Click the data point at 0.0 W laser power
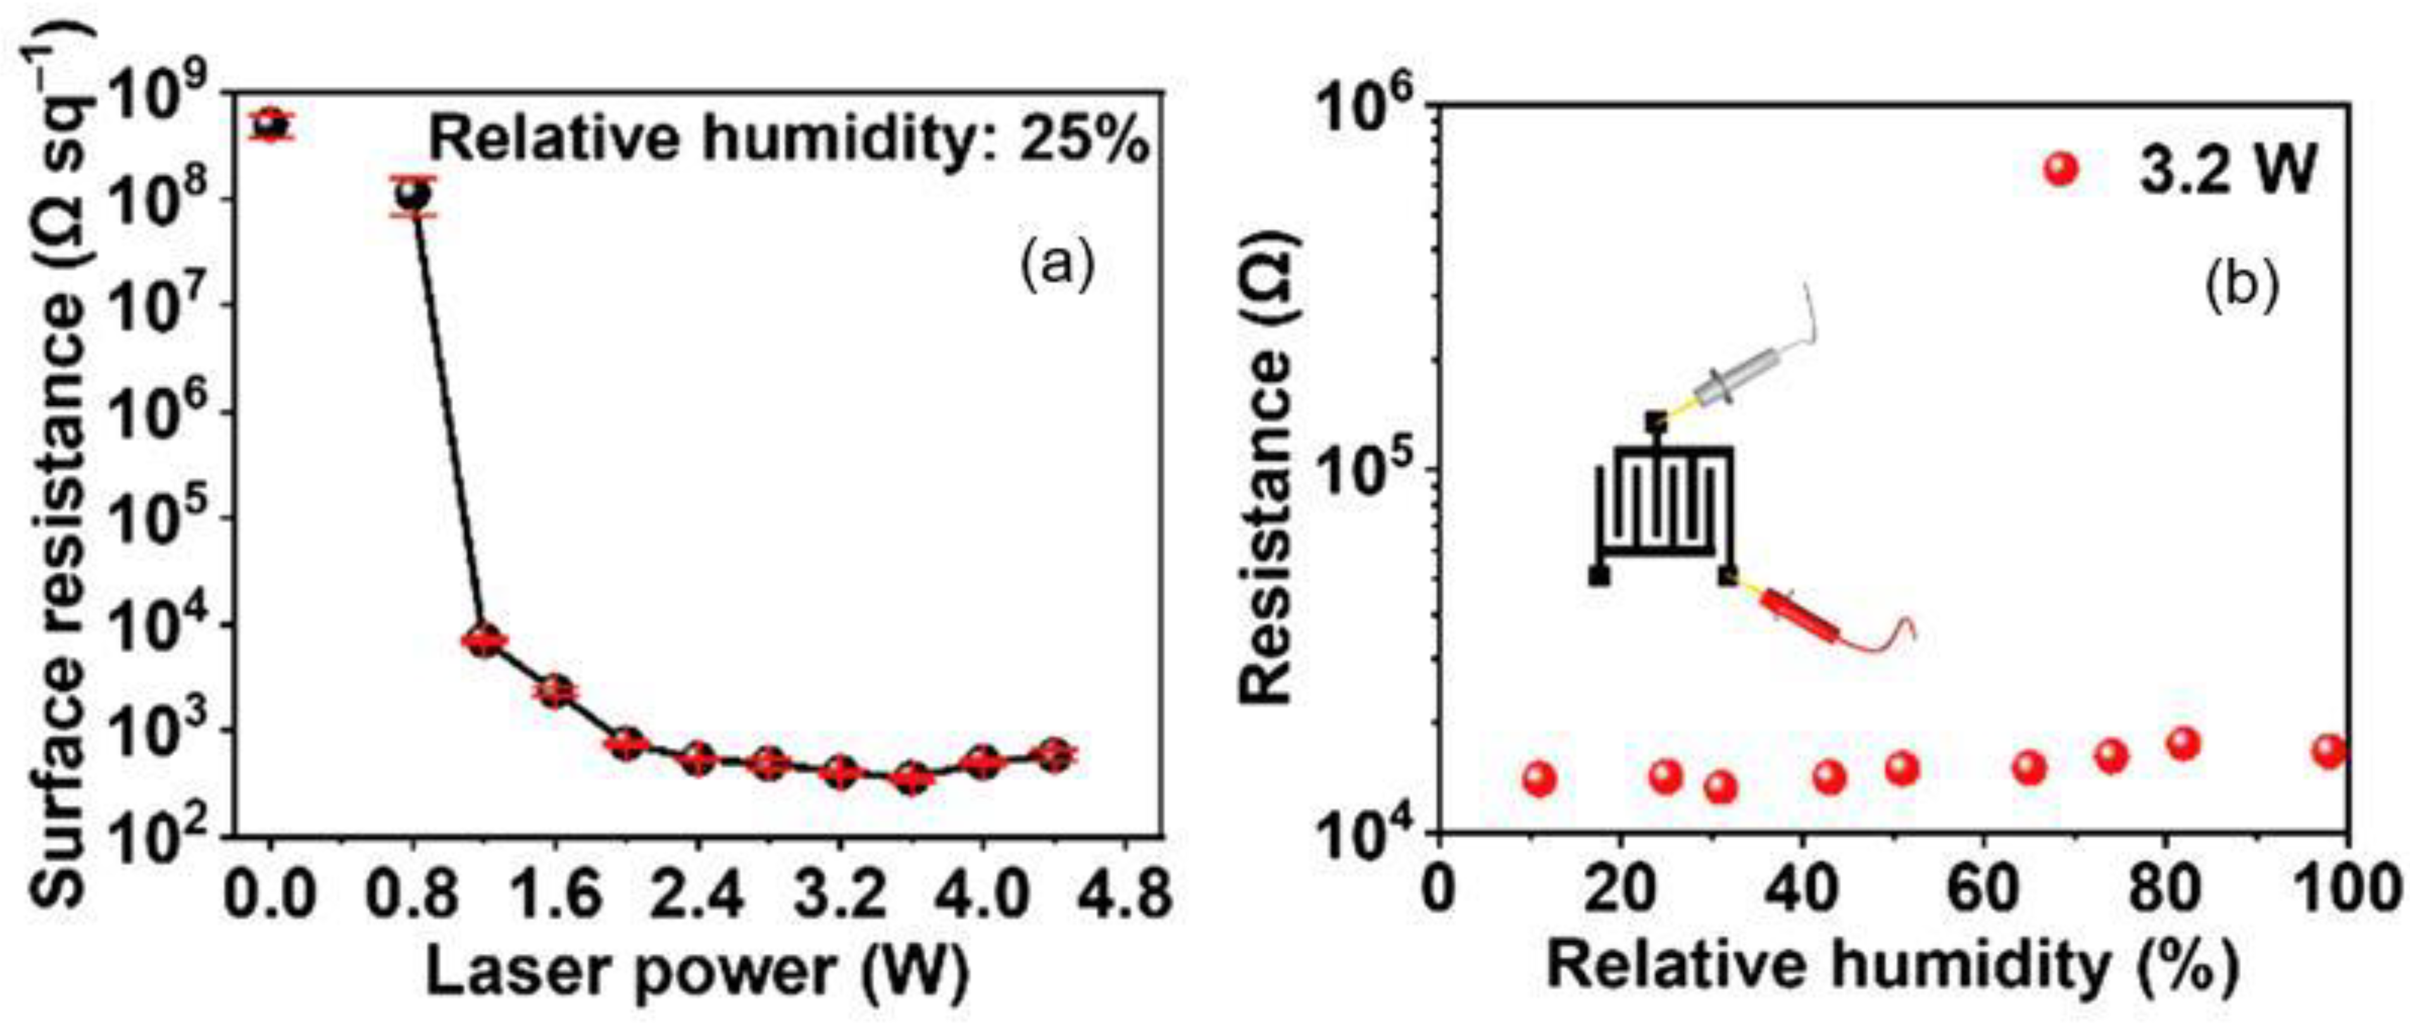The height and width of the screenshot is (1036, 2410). (270, 123)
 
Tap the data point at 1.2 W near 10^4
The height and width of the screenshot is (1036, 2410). (485, 641)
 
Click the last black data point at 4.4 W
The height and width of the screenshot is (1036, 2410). (1054, 754)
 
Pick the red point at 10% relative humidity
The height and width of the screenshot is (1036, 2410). (1539, 778)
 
